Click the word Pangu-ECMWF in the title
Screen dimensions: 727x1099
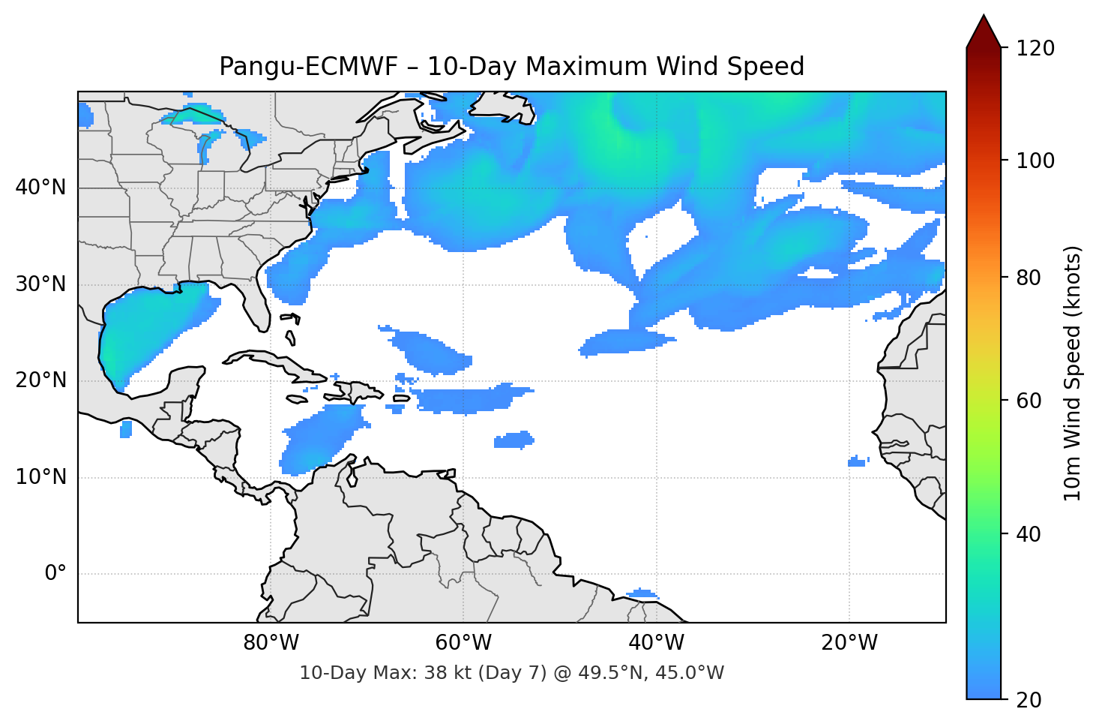308,67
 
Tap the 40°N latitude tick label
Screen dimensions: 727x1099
40,187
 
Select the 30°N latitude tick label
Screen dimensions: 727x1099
40,284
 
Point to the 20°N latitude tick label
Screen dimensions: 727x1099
40,380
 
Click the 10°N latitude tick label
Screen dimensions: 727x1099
40,477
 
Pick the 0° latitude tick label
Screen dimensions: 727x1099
55,574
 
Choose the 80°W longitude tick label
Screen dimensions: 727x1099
271,643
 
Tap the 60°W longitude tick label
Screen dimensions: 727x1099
463,643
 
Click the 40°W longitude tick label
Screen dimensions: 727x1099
656,643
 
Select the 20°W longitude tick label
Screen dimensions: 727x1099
849,643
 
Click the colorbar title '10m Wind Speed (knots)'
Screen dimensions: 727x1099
1073,374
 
